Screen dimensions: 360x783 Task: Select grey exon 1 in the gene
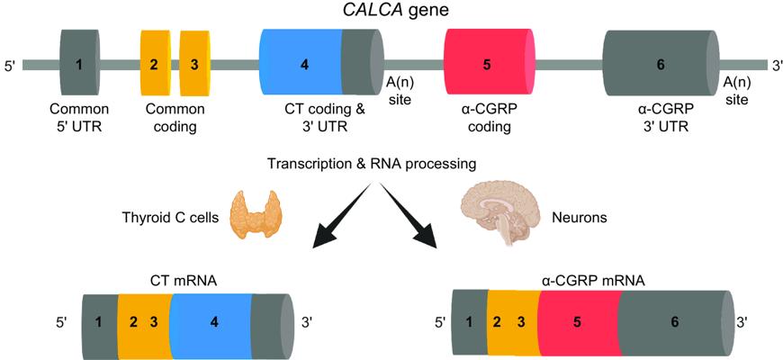click(79, 64)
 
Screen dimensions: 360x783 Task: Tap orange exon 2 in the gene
click(154, 64)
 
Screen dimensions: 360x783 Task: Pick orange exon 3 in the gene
click(194, 64)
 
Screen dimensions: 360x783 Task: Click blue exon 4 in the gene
click(303, 64)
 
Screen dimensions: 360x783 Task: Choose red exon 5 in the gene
click(487, 64)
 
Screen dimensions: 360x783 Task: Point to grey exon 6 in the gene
click(661, 64)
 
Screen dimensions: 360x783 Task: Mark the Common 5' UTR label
click(79, 118)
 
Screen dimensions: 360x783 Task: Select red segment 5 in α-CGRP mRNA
click(577, 319)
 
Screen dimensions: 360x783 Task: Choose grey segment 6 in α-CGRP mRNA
click(675, 319)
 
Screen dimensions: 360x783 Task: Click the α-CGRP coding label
click(487, 118)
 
